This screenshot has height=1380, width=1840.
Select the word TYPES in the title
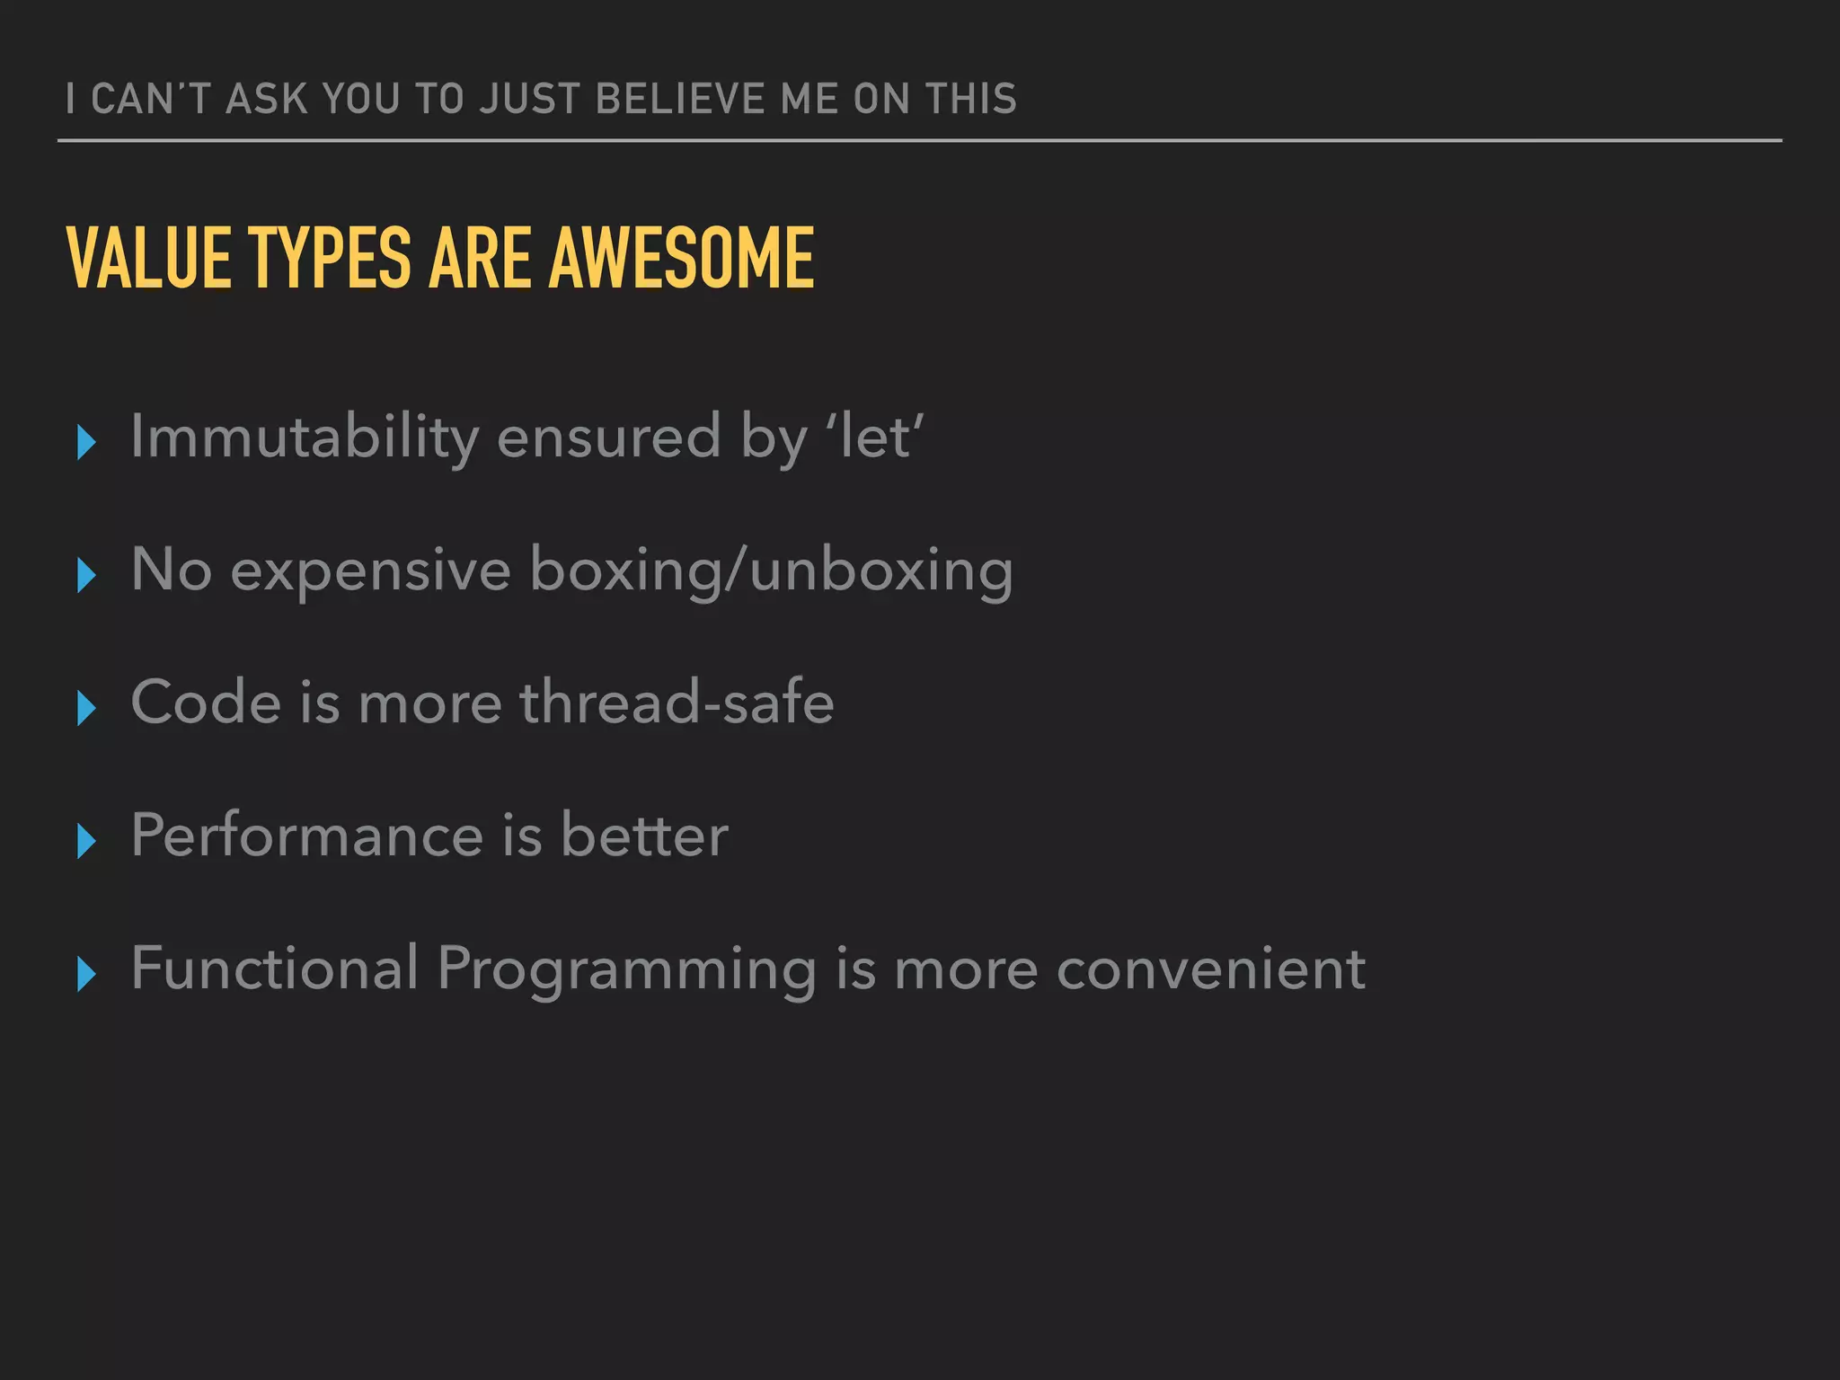[330, 258]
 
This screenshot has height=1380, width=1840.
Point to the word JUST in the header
[529, 99]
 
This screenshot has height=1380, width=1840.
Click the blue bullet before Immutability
[86, 442]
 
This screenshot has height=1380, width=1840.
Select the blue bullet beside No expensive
[86, 575]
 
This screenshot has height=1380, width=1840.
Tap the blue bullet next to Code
[86, 708]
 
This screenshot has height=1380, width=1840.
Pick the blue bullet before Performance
[86, 841]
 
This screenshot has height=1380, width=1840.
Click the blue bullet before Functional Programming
[86, 974]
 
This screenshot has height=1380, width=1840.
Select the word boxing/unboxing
[771, 571]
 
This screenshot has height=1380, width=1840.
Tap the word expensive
[370, 571]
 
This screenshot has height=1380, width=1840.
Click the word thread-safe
[677, 703]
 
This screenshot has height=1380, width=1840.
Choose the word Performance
[307, 836]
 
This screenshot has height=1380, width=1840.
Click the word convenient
[1210, 969]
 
